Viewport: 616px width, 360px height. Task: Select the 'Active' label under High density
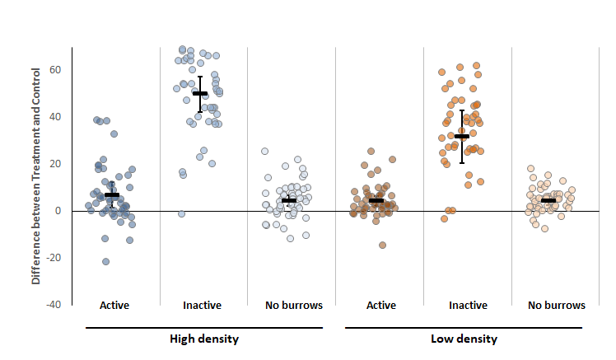114,306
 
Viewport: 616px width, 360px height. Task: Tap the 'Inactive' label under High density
203,306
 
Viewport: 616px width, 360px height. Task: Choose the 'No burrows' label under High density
293,306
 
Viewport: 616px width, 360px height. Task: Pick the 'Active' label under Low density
381,306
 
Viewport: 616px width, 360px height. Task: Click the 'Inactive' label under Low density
468,306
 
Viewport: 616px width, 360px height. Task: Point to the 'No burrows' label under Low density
557,306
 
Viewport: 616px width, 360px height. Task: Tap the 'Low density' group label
464,339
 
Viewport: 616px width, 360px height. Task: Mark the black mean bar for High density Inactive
200,93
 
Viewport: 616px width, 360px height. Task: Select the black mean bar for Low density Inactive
462,136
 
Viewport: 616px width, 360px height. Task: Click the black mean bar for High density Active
112,195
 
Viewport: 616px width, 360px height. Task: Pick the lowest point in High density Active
105,262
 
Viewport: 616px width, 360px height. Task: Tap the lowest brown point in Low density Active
382,245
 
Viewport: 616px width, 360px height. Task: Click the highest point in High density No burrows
264,152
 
